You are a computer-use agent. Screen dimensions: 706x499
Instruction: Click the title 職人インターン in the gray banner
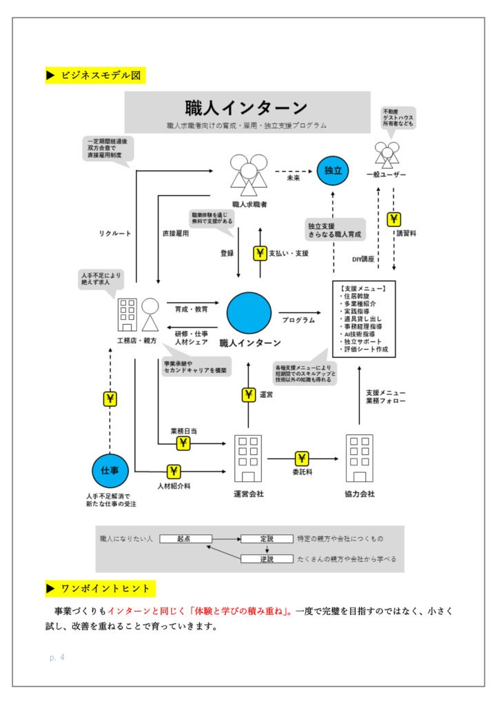(247, 108)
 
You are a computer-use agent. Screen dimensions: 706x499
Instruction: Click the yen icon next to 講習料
(394, 220)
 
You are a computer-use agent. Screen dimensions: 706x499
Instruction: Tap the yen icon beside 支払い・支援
(261, 253)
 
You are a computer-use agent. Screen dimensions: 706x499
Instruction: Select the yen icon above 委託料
(302, 458)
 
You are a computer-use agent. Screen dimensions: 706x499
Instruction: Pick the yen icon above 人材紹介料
(174, 472)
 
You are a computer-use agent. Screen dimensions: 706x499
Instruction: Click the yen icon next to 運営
(249, 394)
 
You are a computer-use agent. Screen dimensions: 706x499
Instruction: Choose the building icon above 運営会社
(249, 458)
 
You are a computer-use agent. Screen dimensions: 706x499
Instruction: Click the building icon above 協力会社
(359, 458)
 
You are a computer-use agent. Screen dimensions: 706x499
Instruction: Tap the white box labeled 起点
(183, 538)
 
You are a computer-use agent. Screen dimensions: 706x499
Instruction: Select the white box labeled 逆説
(267, 558)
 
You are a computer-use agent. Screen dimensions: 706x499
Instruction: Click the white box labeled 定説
(267, 538)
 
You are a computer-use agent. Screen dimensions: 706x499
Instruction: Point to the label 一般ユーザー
(386, 174)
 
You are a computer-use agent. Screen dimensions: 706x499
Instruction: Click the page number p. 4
(57, 658)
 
